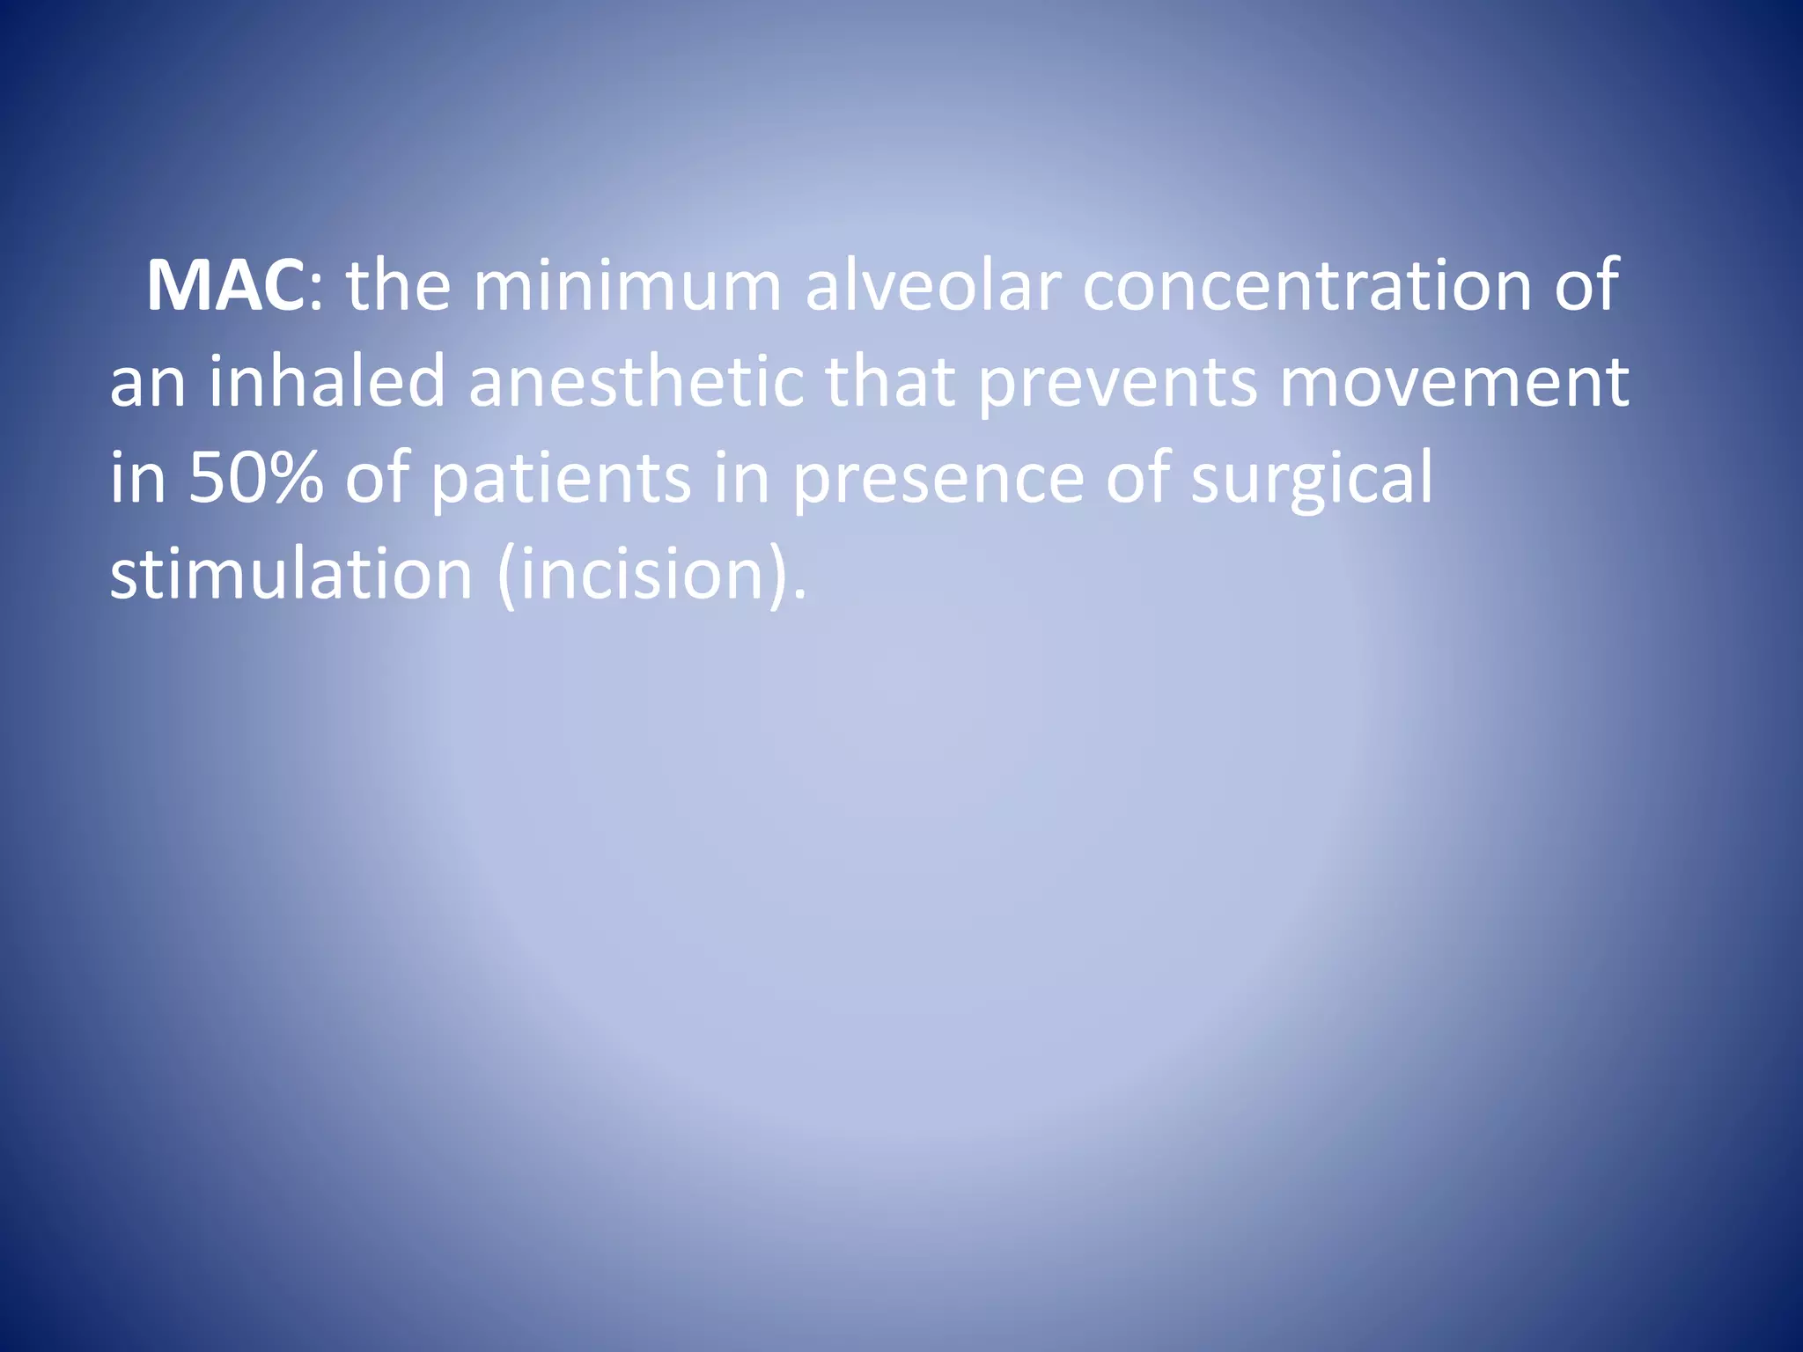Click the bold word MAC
tap(226, 287)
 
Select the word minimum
tap(627, 287)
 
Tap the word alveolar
tap(932, 287)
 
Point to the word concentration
tap(1306, 287)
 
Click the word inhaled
tap(327, 383)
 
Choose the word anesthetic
tap(636, 383)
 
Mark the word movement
tap(1453, 383)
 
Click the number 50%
tap(255, 479)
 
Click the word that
tap(889, 383)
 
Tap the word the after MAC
tap(399, 287)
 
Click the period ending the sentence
tap(798, 597)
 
